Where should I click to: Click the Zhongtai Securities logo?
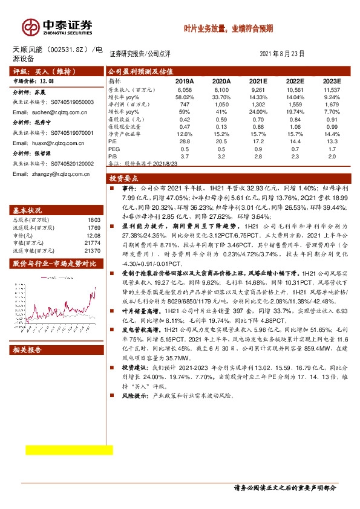tap(57, 26)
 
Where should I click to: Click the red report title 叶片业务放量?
tap(228, 28)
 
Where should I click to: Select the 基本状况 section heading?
tap(25, 210)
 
